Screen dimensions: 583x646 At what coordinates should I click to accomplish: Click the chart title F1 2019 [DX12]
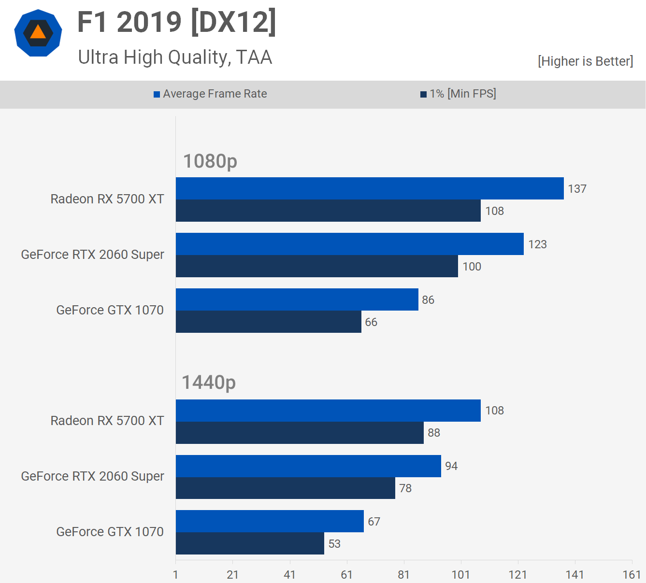click(177, 22)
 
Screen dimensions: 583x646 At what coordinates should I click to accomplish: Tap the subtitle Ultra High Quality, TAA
click(175, 57)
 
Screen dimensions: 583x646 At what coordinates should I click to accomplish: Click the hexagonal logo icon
click(38, 33)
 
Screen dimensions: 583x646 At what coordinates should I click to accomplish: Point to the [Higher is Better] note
click(585, 61)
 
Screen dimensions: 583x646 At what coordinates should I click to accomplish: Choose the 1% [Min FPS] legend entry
click(458, 94)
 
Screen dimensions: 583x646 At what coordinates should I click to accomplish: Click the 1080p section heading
click(210, 161)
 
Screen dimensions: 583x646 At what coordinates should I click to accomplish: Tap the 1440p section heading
click(209, 382)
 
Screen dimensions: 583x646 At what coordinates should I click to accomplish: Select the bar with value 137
click(370, 188)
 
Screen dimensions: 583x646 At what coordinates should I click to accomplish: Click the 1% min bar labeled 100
click(316, 266)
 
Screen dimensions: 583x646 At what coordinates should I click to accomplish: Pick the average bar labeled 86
click(297, 299)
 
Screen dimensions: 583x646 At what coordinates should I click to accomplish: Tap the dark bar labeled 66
click(268, 322)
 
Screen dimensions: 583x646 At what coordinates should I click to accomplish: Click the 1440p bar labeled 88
click(300, 433)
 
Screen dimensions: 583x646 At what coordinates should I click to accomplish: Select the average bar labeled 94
click(308, 466)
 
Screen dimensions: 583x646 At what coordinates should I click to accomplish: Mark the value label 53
click(334, 544)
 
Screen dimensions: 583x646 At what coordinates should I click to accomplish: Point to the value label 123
click(537, 244)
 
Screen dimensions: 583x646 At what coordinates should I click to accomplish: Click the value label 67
click(374, 522)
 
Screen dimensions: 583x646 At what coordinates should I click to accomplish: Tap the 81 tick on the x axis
click(403, 575)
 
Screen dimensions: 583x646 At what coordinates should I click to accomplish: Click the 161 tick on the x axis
click(632, 575)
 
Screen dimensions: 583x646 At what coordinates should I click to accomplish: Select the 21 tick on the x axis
click(232, 575)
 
